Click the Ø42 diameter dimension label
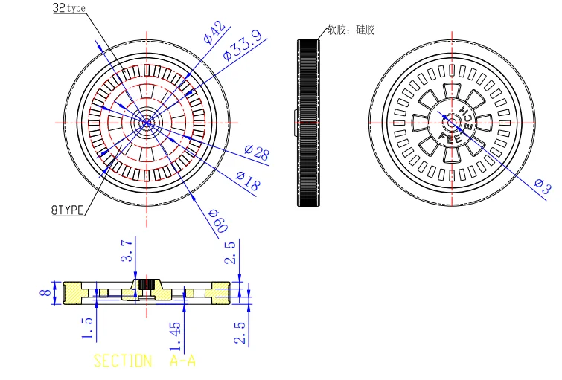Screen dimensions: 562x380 coord(214,32)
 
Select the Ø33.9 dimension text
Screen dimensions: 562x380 coord(242,45)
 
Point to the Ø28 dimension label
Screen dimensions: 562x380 coord(257,152)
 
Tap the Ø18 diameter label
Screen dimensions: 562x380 coord(248,180)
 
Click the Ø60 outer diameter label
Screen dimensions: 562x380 coord(218,221)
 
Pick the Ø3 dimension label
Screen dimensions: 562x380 coord(543,186)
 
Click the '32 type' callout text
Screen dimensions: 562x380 coord(69,8)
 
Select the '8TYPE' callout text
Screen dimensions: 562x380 coord(68,210)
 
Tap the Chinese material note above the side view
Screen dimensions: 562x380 coord(351,29)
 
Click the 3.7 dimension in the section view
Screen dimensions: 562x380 coord(127,251)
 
